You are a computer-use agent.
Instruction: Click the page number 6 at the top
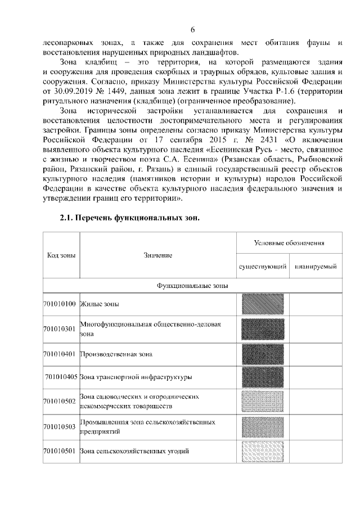pos(192,30)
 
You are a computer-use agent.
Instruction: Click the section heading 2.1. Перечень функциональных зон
pos(130,218)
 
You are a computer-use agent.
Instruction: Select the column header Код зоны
pos(61,256)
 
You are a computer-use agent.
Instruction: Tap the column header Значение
pos(157,256)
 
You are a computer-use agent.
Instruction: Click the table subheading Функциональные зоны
pos(192,286)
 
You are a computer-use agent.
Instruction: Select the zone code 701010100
pos(60,304)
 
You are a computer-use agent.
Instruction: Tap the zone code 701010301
pos(60,329)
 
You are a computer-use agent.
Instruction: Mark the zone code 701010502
pos(60,401)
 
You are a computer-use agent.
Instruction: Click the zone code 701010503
pos(60,426)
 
